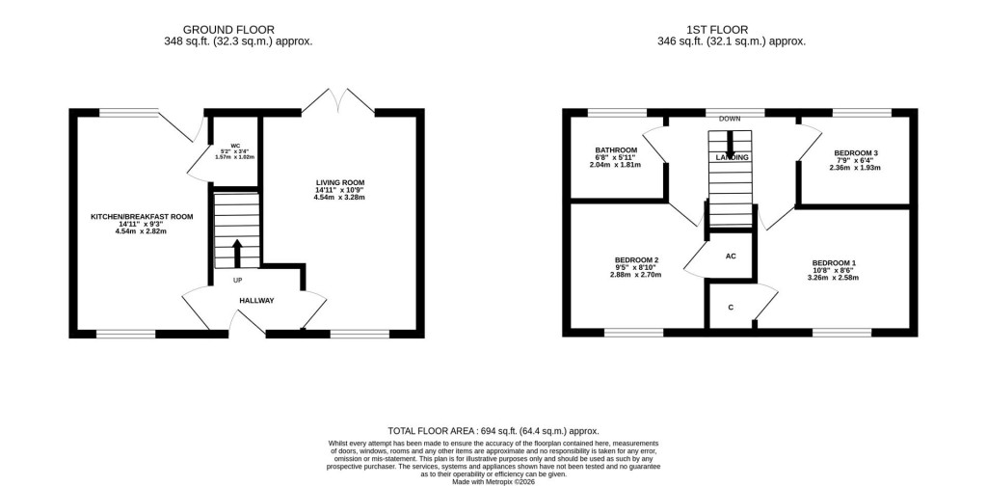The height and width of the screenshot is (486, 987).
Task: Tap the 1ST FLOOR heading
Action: pyautogui.click(x=731, y=30)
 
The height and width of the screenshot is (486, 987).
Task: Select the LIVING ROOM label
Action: pyautogui.click(x=339, y=182)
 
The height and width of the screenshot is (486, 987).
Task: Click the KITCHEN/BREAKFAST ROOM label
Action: pyautogui.click(x=142, y=217)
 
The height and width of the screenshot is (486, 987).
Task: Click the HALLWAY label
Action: pyautogui.click(x=256, y=301)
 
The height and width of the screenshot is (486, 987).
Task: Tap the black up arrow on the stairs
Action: pyautogui.click(x=236, y=253)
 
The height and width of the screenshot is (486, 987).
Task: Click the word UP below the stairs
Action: pyautogui.click(x=237, y=281)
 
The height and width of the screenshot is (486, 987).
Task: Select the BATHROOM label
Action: pyautogui.click(x=615, y=150)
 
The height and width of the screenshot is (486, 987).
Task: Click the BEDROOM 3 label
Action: pyautogui.click(x=856, y=153)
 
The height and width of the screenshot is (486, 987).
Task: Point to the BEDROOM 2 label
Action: pyautogui.click(x=636, y=260)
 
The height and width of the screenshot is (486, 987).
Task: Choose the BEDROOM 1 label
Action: pyautogui.click(x=833, y=263)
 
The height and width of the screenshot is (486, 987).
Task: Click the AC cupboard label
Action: pyautogui.click(x=731, y=256)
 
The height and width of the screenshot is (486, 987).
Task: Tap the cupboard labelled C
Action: pyautogui.click(x=731, y=308)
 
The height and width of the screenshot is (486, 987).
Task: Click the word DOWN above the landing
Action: pyautogui.click(x=730, y=119)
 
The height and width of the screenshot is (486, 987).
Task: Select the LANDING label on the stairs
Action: pyautogui.click(x=732, y=156)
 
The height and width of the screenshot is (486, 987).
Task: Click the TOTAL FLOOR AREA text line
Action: pyautogui.click(x=493, y=431)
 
